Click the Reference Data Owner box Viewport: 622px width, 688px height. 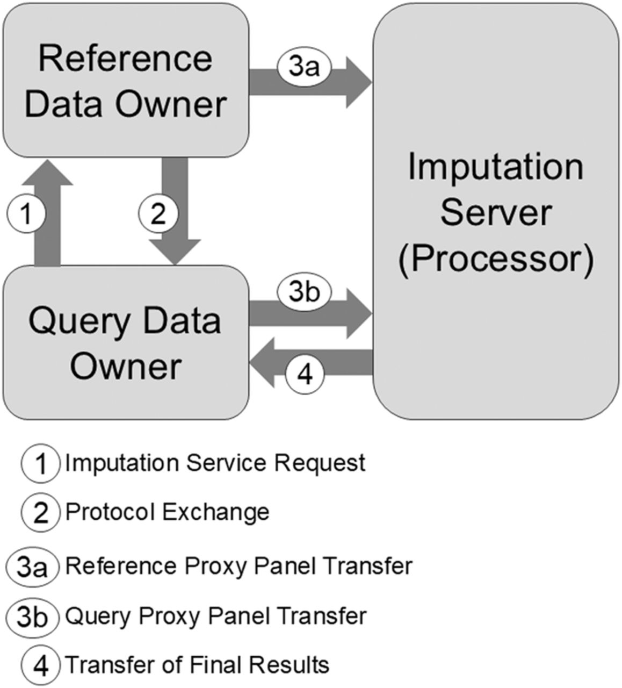pos(125,81)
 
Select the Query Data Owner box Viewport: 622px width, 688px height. pos(125,343)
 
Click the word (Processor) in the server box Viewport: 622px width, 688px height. pos(495,259)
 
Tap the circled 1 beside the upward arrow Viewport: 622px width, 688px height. pos(26,214)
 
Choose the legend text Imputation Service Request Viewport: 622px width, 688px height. pos(215,463)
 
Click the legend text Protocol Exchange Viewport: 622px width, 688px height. pos(167,512)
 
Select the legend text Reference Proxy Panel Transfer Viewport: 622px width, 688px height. pos(238,566)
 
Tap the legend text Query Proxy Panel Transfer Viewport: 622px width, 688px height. pos(216,615)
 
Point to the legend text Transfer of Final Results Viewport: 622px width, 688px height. pos(197,665)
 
